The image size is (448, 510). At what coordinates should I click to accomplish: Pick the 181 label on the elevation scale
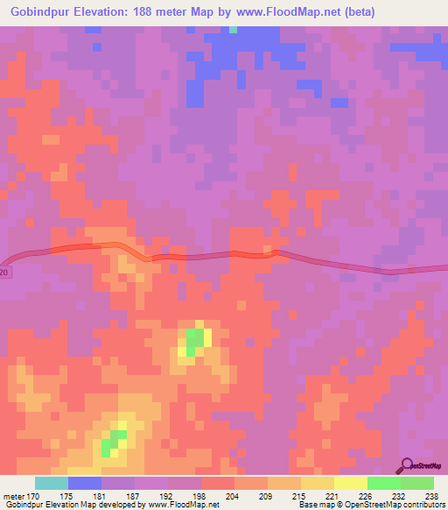click(101, 495)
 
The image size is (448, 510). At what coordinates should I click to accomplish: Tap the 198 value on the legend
click(200, 495)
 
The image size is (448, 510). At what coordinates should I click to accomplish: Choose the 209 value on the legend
click(267, 495)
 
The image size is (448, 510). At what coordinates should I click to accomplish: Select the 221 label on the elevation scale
click(333, 495)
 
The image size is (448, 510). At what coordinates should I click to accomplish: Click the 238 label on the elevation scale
click(433, 495)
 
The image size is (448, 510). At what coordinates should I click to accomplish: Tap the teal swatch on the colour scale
click(52, 483)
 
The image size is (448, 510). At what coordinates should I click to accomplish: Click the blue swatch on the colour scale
click(85, 483)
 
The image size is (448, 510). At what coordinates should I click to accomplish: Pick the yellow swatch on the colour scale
click(350, 483)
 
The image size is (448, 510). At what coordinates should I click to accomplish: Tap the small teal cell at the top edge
click(233, 29)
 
